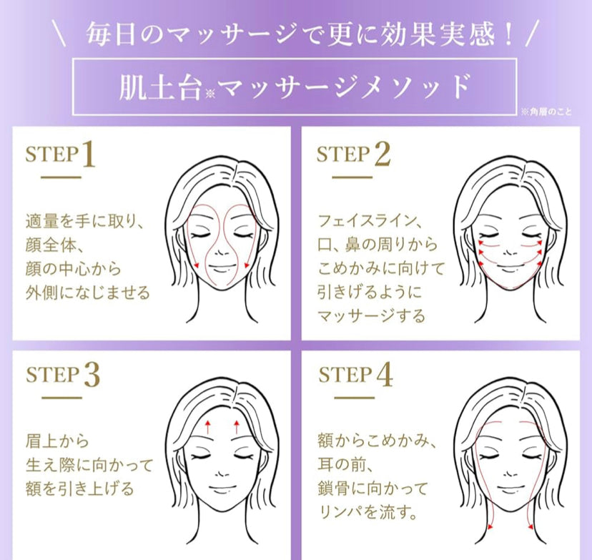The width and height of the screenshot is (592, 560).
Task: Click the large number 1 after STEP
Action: click(89, 154)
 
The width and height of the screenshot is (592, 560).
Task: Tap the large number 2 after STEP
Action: click(383, 154)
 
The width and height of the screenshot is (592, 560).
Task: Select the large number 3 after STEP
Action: click(92, 375)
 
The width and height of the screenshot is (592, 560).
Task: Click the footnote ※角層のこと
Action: click(546, 112)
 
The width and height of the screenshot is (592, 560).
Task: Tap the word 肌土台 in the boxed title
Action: click(159, 87)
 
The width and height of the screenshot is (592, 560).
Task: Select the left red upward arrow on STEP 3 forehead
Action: click(207, 426)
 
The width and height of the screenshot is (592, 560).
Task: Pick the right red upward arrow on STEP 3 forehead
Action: click(237, 426)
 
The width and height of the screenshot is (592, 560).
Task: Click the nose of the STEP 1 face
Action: click(221, 253)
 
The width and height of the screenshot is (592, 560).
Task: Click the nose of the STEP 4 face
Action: click(510, 474)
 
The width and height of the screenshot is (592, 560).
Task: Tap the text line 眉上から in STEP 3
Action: click(57, 441)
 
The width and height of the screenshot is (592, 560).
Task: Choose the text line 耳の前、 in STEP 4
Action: click(346, 464)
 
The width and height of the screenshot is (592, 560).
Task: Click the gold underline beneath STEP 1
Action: click(61, 177)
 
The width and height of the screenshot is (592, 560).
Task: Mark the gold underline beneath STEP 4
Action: click(354, 398)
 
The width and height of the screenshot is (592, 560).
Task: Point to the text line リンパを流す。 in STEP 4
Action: click(368, 511)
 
